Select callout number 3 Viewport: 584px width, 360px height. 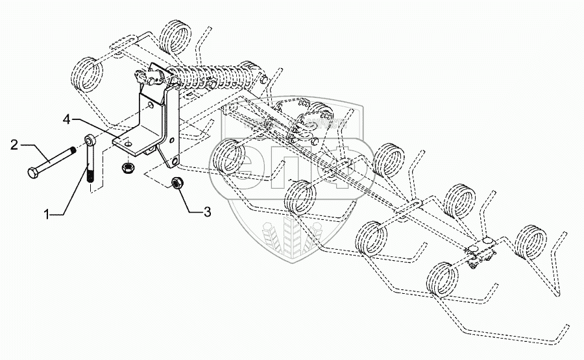207,211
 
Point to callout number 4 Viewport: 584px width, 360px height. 67,119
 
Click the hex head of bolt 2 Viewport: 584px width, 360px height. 33,174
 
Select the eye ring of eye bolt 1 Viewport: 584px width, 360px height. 90,139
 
